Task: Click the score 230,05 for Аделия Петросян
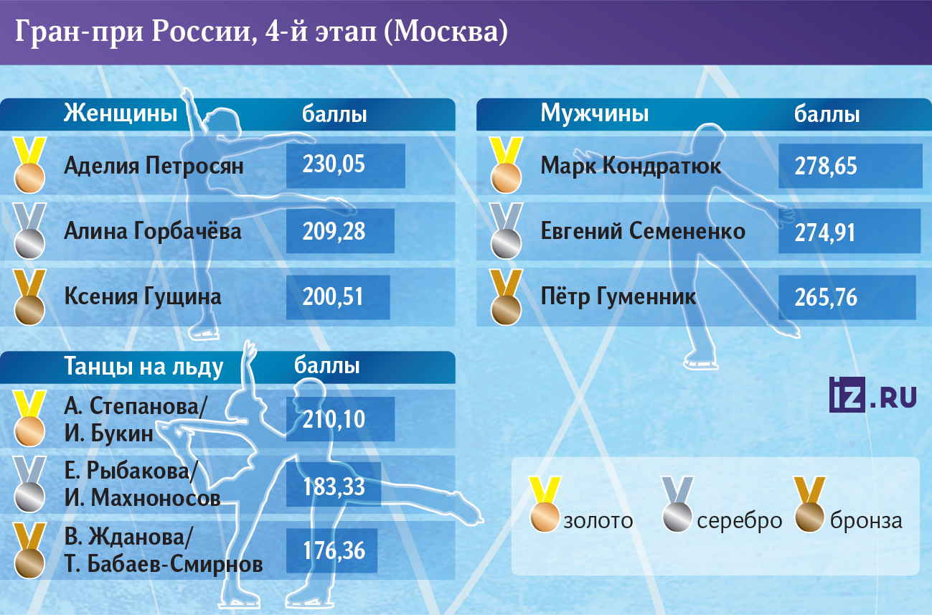pyautogui.click(x=334, y=165)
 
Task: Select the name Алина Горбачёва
pyautogui.click(x=153, y=231)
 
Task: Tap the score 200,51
pyautogui.click(x=333, y=297)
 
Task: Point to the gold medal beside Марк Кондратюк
pyautogui.click(x=506, y=165)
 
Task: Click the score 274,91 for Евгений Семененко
pyautogui.click(x=824, y=233)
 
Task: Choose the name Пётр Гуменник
pyautogui.click(x=618, y=297)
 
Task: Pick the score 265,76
pyautogui.click(x=826, y=298)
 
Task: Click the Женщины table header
pyautogui.click(x=121, y=113)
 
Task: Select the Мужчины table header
pyautogui.click(x=595, y=113)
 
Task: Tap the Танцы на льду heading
pyautogui.click(x=143, y=367)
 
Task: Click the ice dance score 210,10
pyautogui.click(x=334, y=419)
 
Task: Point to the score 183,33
pyautogui.click(x=334, y=487)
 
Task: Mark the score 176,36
pyautogui.click(x=334, y=551)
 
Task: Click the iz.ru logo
pyautogui.click(x=872, y=395)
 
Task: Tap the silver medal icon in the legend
pyautogui.click(x=677, y=504)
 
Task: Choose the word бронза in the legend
pyautogui.click(x=866, y=520)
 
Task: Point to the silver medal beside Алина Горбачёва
pyautogui.click(x=29, y=231)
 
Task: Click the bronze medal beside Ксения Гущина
pyautogui.click(x=29, y=297)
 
